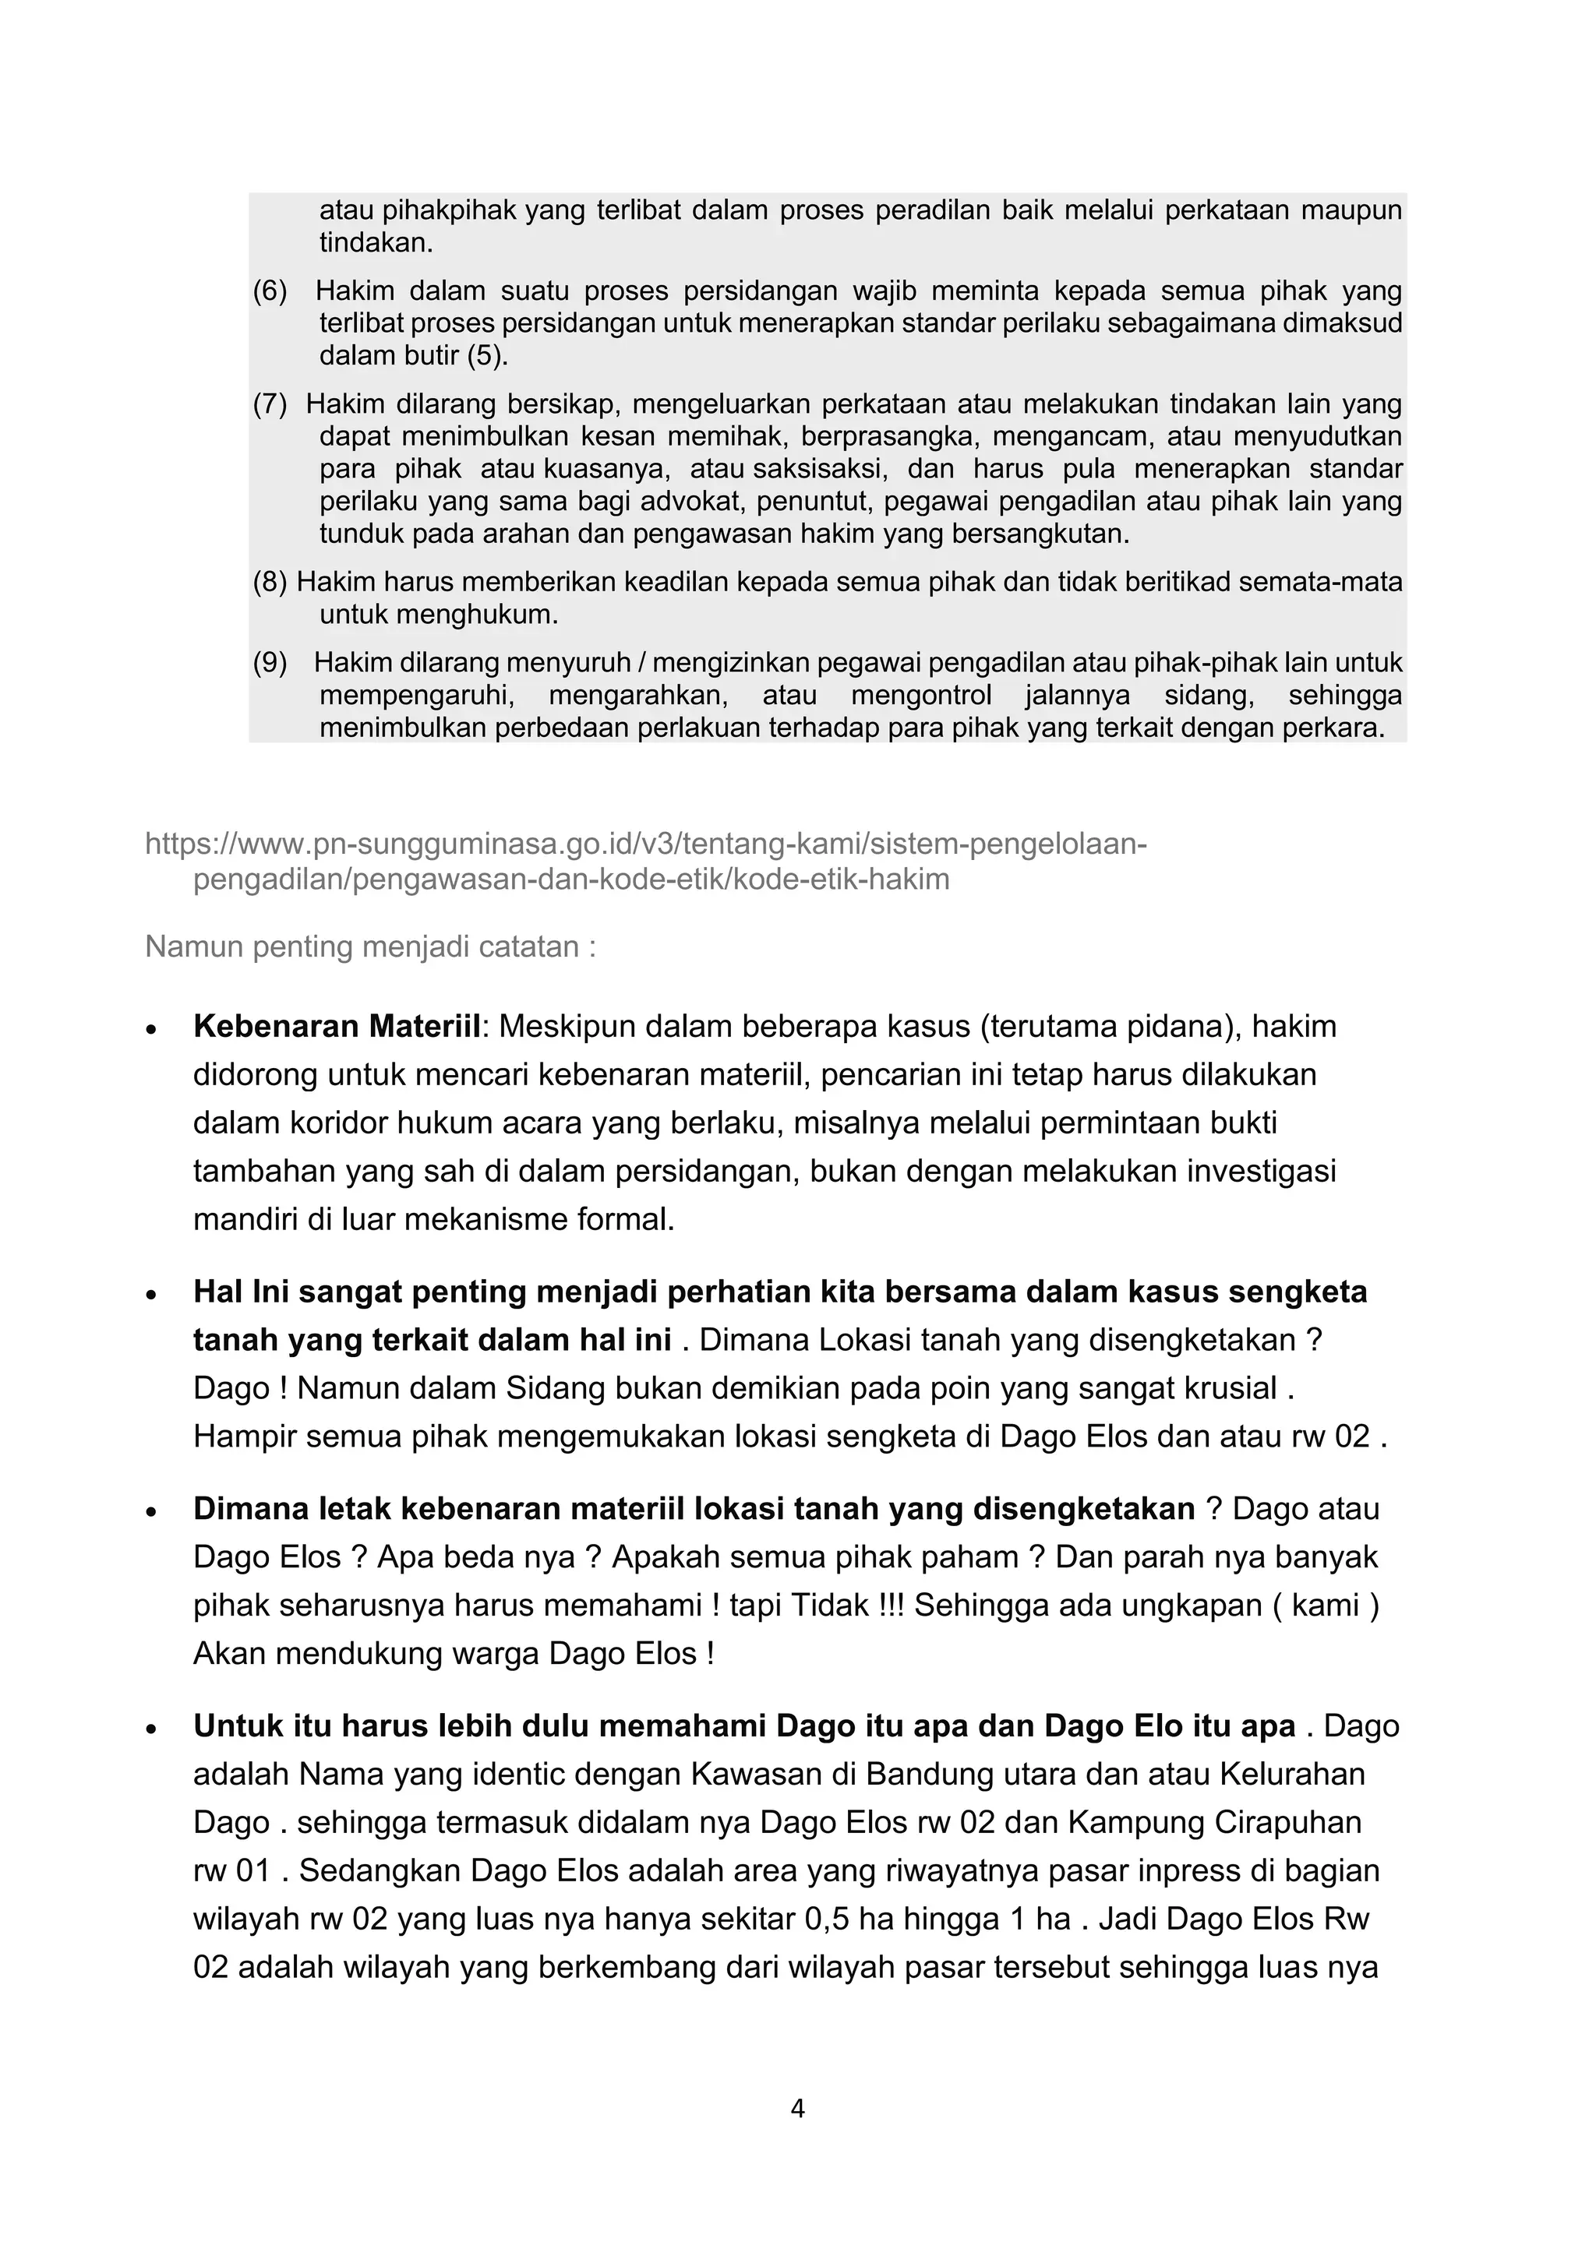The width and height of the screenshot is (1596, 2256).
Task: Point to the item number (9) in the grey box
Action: click(x=270, y=663)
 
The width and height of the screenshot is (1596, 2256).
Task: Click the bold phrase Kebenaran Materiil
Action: click(x=336, y=1026)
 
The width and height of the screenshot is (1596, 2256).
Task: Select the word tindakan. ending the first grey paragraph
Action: click(x=376, y=243)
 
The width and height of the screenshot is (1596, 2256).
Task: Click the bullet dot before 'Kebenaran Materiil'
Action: click(x=150, y=1030)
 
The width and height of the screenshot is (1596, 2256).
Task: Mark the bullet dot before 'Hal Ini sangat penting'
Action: click(x=150, y=1295)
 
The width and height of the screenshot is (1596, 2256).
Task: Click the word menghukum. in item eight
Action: click(x=438, y=616)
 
